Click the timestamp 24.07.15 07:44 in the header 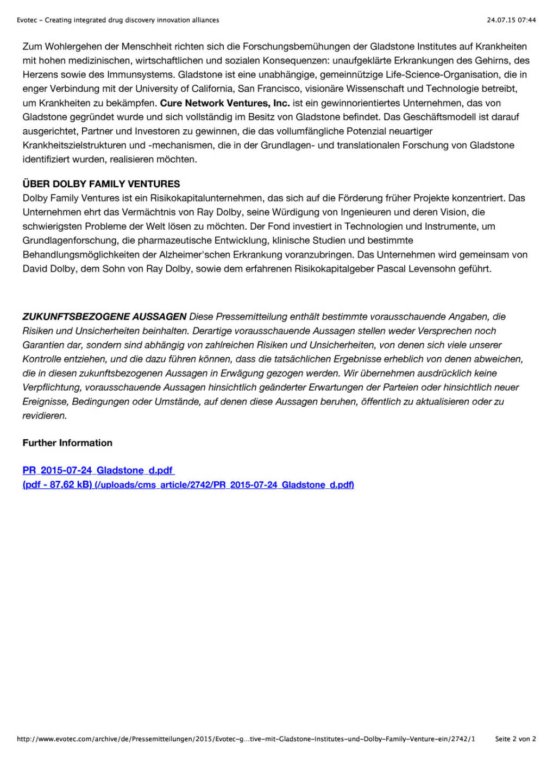[511, 20]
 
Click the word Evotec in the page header [27, 20]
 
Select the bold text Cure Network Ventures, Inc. [224, 103]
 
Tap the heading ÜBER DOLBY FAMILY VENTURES [101, 184]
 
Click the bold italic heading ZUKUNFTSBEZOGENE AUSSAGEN [104, 317]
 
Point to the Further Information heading [67, 443]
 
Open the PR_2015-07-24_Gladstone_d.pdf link [98, 471]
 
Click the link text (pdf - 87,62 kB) [57, 485]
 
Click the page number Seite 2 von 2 [515, 739]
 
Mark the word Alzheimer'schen [177, 255]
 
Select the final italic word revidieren [45, 416]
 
